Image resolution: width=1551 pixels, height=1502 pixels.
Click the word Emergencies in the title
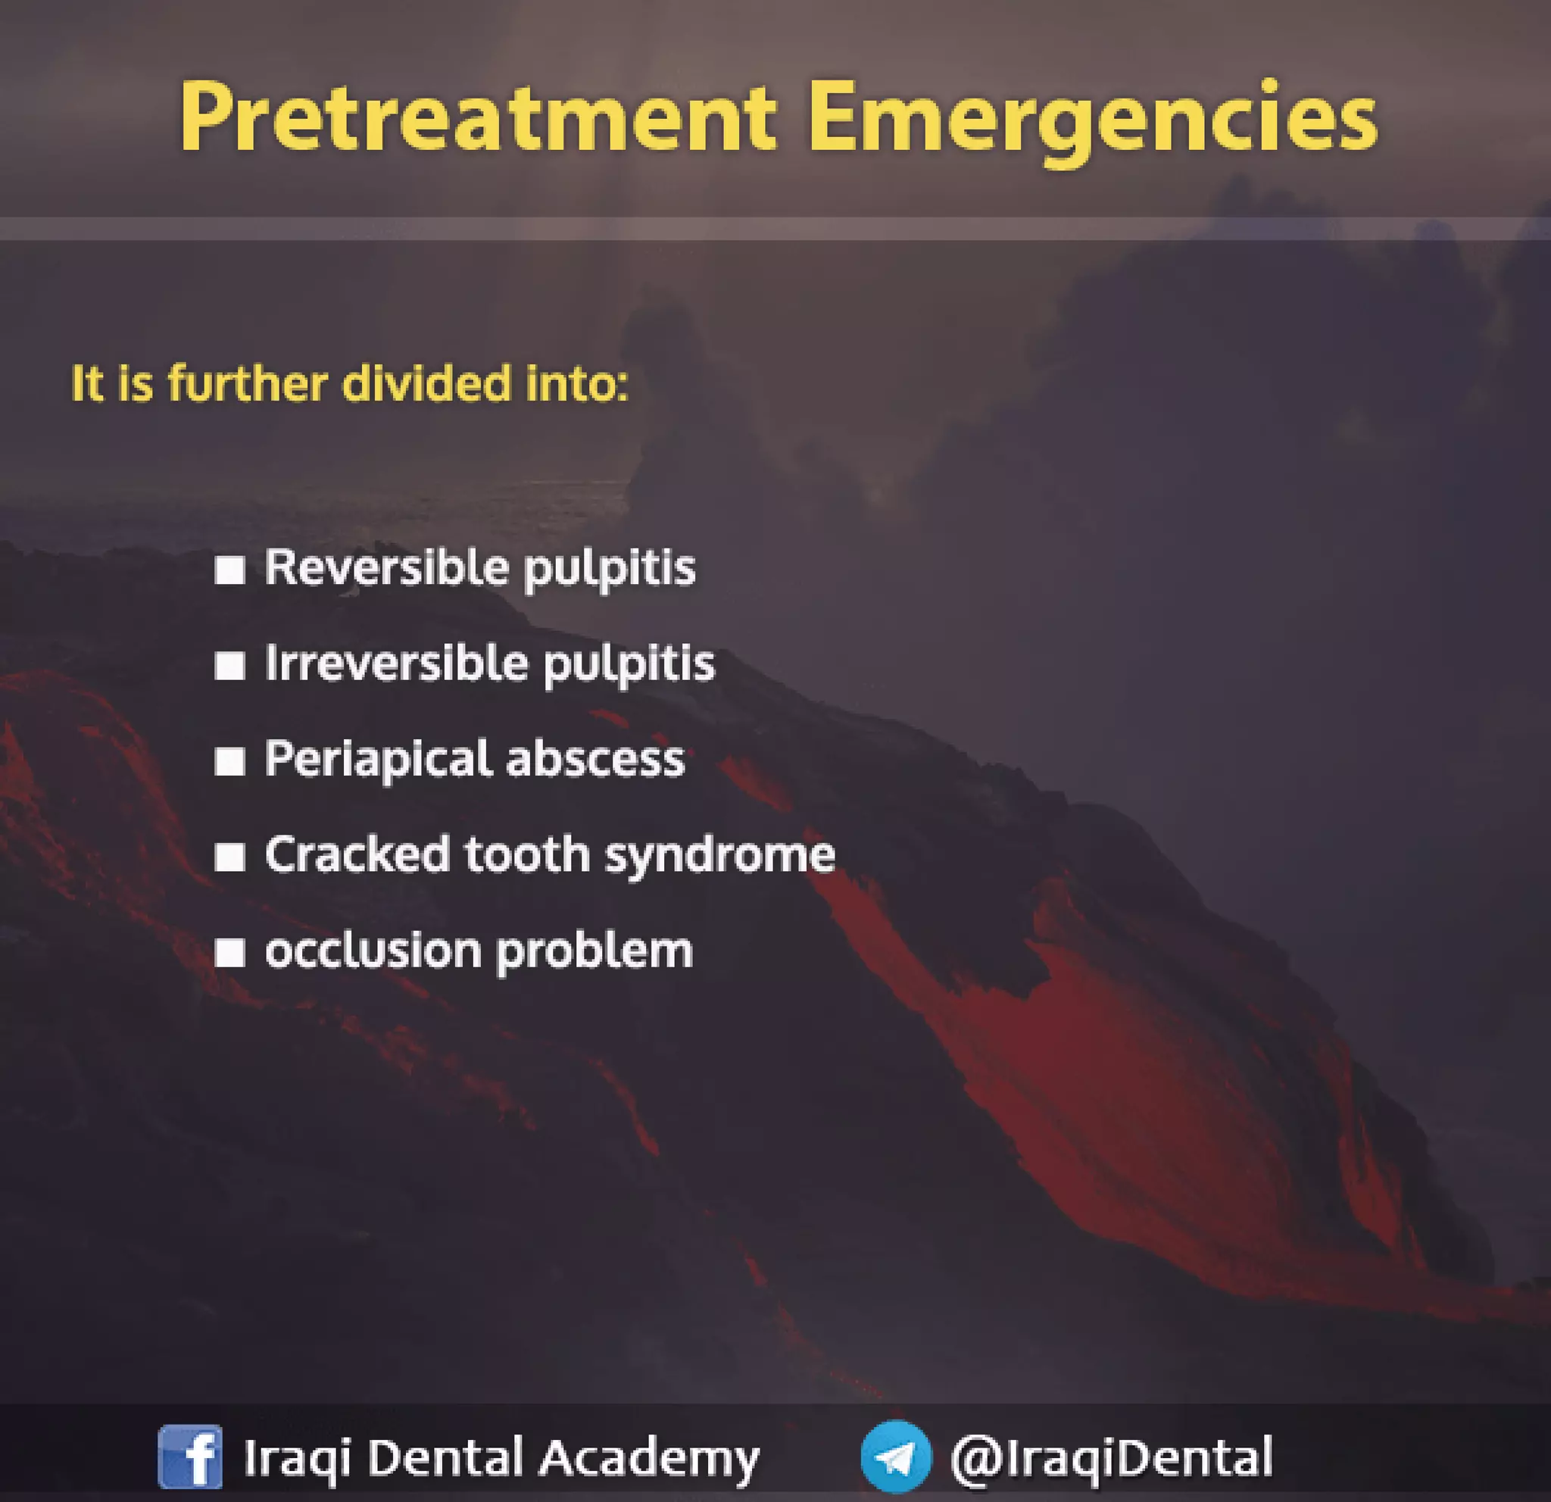[x=1092, y=119]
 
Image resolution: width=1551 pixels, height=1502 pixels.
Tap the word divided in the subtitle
[x=426, y=384]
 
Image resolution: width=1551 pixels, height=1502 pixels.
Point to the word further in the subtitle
[x=247, y=384]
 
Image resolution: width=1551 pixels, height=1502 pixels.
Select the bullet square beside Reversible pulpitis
[x=229, y=570]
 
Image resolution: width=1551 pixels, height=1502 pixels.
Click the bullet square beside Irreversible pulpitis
[x=229, y=666]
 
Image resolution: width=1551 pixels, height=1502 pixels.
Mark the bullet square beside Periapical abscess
[x=229, y=761]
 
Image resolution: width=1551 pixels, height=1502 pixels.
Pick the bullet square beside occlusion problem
[x=229, y=953]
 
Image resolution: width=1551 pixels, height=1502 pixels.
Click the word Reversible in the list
[x=387, y=568]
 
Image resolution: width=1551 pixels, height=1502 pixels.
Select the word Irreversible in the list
[x=395, y=664]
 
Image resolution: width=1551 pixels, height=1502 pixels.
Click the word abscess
[x=595, y=760]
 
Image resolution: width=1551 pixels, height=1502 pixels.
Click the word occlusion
[x=372, y=951]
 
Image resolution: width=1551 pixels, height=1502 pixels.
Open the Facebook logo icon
[x=190, y=1456]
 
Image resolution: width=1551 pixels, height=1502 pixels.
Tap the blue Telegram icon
[x=896, y=1456]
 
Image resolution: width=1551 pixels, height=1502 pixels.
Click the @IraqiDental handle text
[x=1112, y=1456]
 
